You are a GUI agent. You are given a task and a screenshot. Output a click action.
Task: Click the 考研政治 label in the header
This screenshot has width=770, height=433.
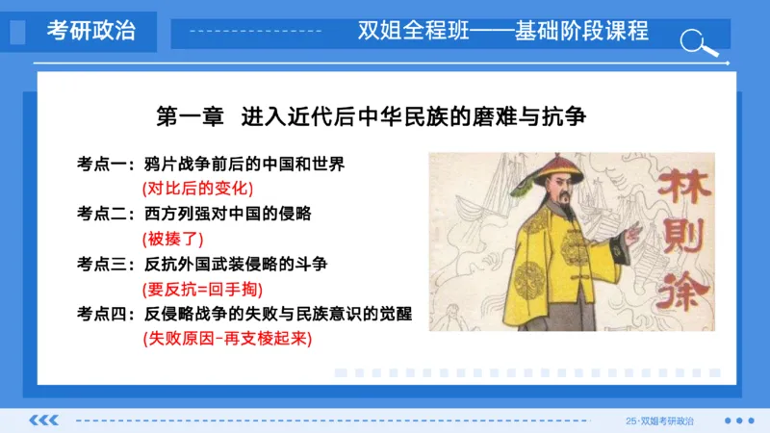(91, 31)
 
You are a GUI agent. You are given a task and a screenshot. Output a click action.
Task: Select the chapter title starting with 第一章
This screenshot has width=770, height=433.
(371, 117)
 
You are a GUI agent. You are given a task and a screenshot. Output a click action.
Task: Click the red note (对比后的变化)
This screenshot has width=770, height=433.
(197, 189)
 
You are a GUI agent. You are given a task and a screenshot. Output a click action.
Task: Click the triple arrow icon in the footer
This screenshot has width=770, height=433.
(43, 420)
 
